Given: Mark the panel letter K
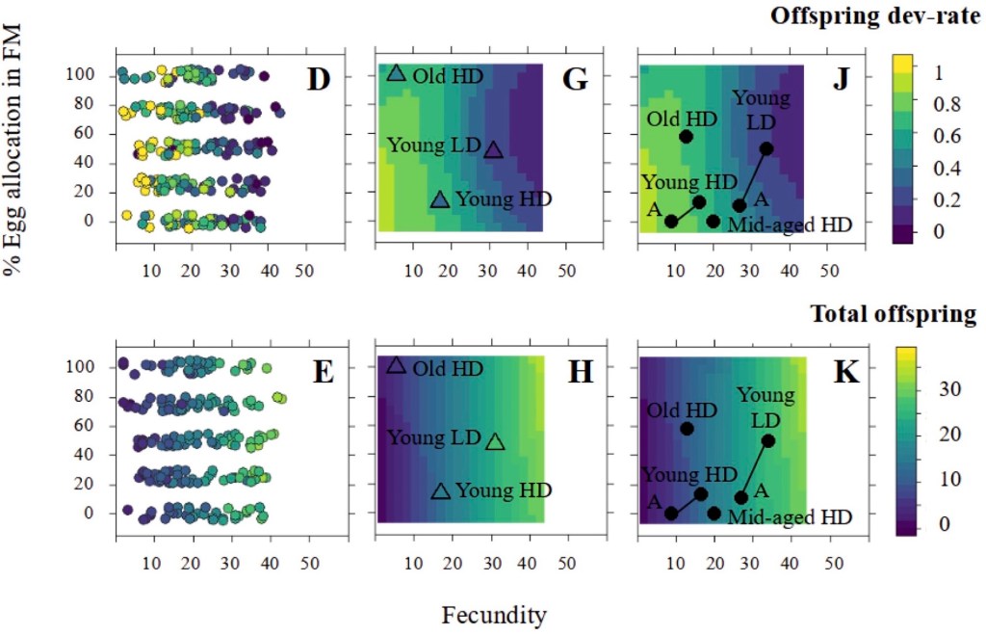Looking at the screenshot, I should (844, 371).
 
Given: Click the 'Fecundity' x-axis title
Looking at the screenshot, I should (493, 615).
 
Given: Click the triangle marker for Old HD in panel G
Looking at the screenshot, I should (395, 73).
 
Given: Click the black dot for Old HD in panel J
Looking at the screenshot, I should (687, 136).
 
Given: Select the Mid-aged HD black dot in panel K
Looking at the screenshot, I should (714, 513).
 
